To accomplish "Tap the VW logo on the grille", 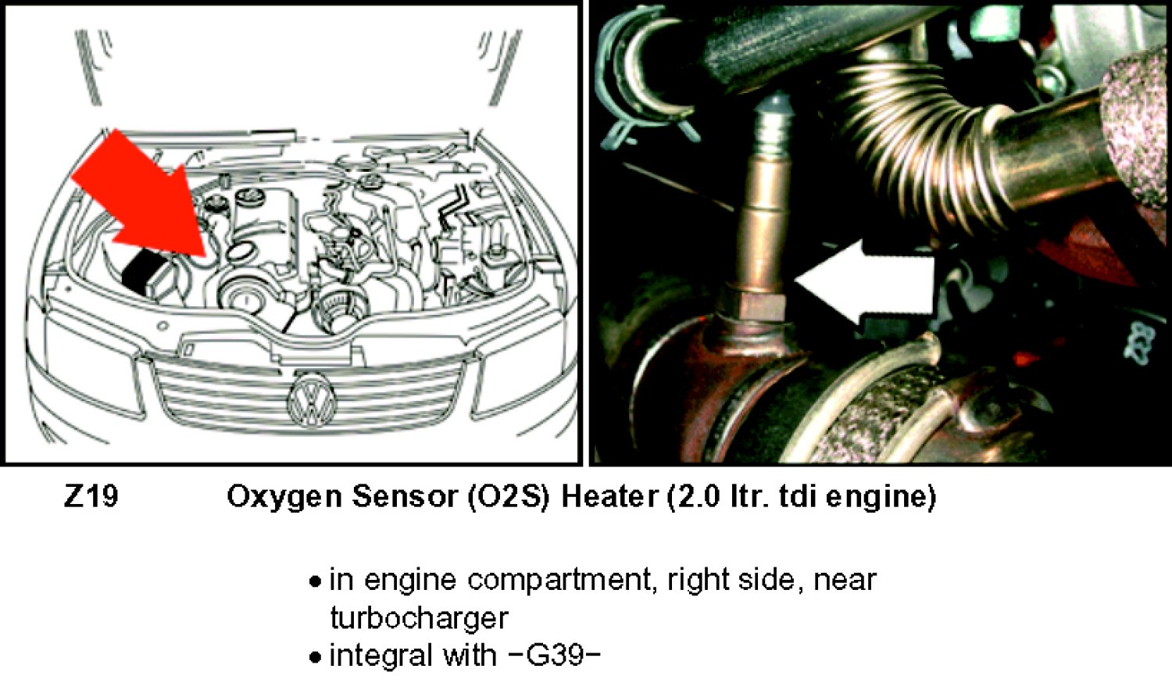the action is (x=313, y=401).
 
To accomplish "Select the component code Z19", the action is (x=91, y=495).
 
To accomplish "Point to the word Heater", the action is (x=609, y=496).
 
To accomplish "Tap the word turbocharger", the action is (x=419, y=618).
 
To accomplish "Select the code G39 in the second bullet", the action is (x=554, y=656).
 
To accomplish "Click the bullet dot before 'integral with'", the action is (x=314, y=657).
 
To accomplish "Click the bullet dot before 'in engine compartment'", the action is (x=314, y=581).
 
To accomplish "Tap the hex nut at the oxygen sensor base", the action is (x=753, y=306).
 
